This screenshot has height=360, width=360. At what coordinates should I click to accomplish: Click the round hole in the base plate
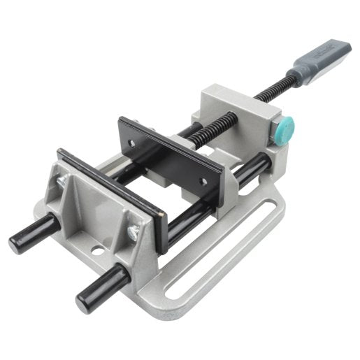[x=98, y=248]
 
